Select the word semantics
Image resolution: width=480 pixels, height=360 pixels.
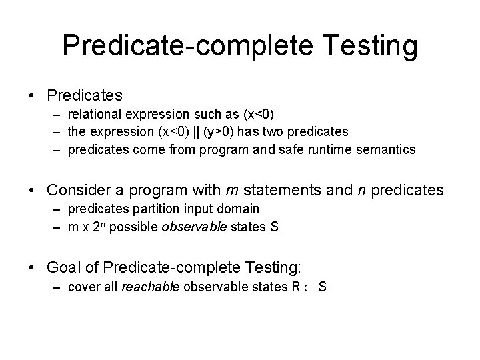387,149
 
